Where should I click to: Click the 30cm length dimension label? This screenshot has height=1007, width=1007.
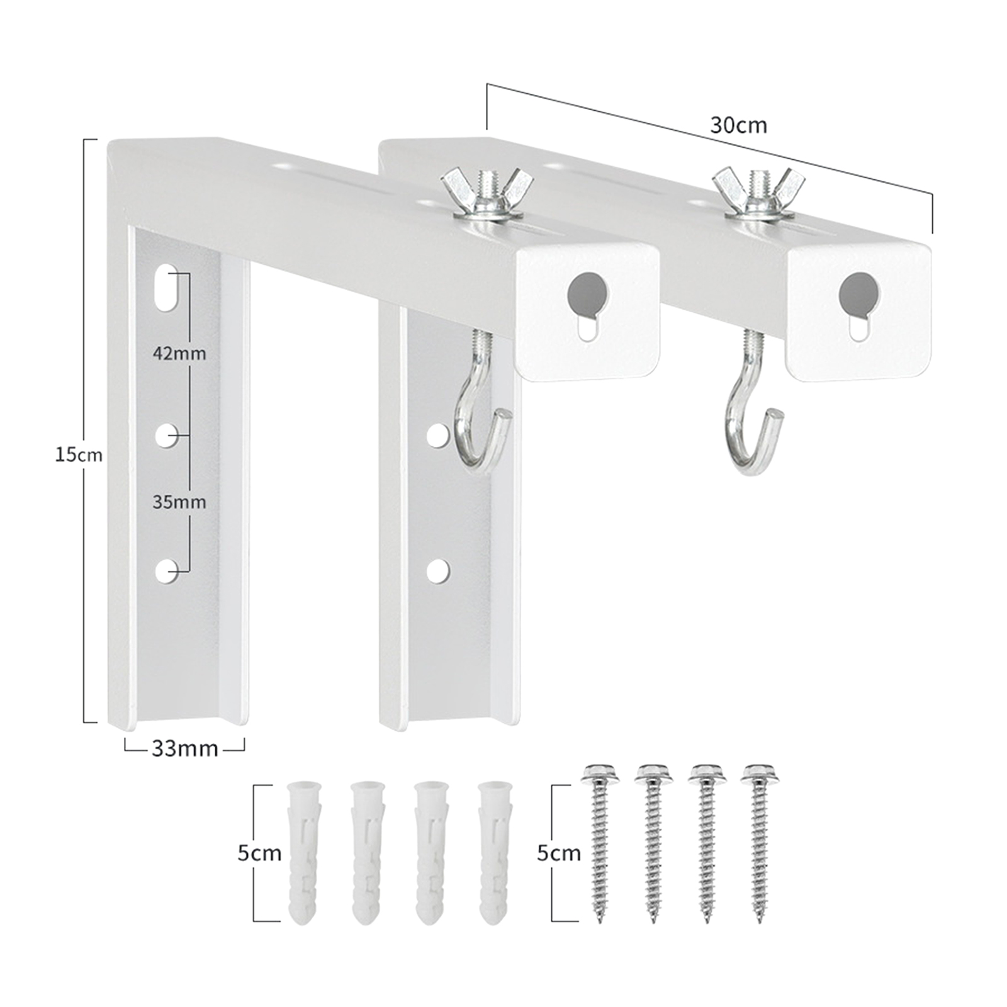point(739,125)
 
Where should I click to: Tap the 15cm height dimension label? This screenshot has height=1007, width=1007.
point(77,454)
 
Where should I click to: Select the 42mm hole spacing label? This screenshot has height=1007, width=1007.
point(179,353)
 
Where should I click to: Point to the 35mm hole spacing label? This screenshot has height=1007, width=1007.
point(179,502)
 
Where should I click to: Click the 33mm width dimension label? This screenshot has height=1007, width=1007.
point(184,748)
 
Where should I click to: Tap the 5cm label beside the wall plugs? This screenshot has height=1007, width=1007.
point(259,853)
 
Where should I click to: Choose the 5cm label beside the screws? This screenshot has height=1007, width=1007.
point(559,853)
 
